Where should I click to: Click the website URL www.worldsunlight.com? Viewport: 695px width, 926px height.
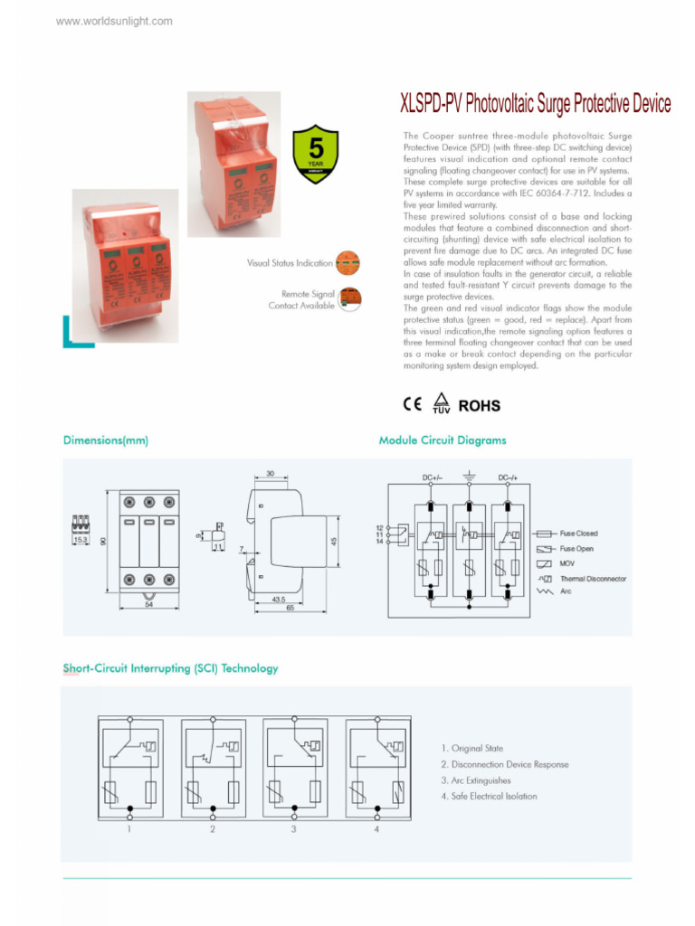point(114,21)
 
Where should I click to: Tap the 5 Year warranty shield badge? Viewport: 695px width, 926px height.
point(316,155)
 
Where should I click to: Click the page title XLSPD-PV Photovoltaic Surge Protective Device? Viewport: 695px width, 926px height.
point(535,105)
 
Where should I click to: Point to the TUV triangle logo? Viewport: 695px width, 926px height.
point(441,403)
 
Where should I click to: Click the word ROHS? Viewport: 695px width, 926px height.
point(479,406)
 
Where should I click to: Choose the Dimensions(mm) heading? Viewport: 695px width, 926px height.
point(105,440)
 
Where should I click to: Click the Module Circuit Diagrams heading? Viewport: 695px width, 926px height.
point(443,440)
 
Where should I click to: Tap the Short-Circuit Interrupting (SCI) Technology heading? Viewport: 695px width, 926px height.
point(170,668)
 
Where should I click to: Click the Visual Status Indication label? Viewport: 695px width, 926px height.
point(290,263)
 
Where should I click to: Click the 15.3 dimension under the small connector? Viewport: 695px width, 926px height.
point(81,540)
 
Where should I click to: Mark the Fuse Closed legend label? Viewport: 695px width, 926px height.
point(578,534)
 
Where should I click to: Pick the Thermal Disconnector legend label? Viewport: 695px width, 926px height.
point(593,579)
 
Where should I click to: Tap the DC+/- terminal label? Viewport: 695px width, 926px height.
point(432,477)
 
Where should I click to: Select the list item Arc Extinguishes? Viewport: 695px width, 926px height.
point(475,780)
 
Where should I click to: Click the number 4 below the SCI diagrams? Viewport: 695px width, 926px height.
point(376,828)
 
